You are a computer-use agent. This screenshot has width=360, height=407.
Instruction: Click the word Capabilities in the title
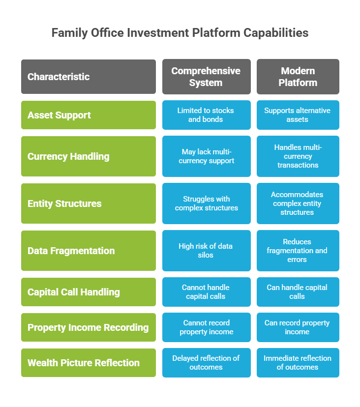(x=276, y=33)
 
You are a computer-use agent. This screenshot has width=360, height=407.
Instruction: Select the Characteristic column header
(x=89, y=77)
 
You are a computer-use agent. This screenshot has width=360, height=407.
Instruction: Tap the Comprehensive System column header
(x=207, y=77)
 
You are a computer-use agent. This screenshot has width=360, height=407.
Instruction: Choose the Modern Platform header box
(x=298, y=77)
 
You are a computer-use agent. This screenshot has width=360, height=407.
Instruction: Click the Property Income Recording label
(x=89, y=327)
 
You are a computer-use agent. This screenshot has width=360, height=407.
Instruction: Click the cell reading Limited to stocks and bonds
(x=207, y=115)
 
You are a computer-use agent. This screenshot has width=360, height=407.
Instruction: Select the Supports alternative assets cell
(x=298, y=115)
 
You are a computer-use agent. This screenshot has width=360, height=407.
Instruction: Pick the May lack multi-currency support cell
(x=207, y=156)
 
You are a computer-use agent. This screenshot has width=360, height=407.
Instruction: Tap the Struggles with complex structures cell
(x=207, y=203)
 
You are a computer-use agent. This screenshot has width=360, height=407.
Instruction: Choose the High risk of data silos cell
(x=207, y=251)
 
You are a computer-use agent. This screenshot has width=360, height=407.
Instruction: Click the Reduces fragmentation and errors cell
(x=298, y=251)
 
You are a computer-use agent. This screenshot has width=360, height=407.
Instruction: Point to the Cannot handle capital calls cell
(x=207, y=292)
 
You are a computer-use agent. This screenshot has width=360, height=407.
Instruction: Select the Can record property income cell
(x=298, y=327)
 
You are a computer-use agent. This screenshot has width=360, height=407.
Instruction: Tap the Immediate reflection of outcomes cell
(x=298, y=363)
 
